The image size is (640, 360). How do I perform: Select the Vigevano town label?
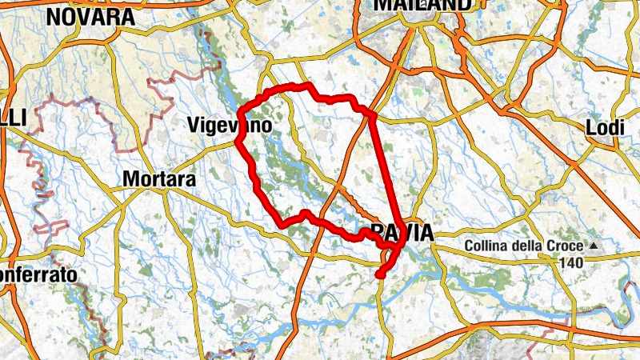click(x=229, y=126)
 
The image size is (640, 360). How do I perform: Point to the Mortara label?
click(x=159, y=181)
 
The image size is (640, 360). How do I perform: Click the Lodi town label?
click(x=604, y=128)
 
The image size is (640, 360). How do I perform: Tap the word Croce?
click(x=566, y=246)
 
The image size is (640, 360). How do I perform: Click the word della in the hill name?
click(x=529, y=246)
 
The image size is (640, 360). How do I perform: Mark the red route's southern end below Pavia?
click(x=379, y=275)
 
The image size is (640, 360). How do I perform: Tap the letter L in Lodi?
click(x=591, y=128)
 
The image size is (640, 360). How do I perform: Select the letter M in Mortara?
click(x=131, y=181)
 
